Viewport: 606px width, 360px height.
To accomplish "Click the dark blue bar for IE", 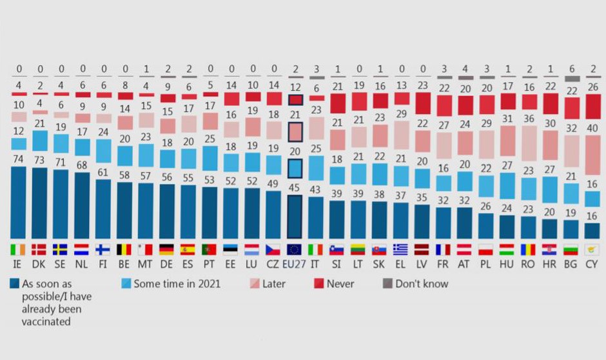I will pos(19,203).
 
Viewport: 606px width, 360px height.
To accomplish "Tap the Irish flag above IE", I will pos(19,249).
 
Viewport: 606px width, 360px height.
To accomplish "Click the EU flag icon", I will pos(294,249).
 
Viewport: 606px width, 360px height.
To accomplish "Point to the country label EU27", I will pos(294,265).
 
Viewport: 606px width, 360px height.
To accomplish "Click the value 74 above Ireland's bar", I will pos(19,159).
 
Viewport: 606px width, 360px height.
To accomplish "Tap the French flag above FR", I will pos(443,249).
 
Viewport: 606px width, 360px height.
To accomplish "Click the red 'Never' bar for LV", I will pos(422,103).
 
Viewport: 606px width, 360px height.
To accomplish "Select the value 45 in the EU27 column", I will pos(294,188).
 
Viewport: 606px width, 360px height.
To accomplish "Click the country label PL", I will pos(487,265).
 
